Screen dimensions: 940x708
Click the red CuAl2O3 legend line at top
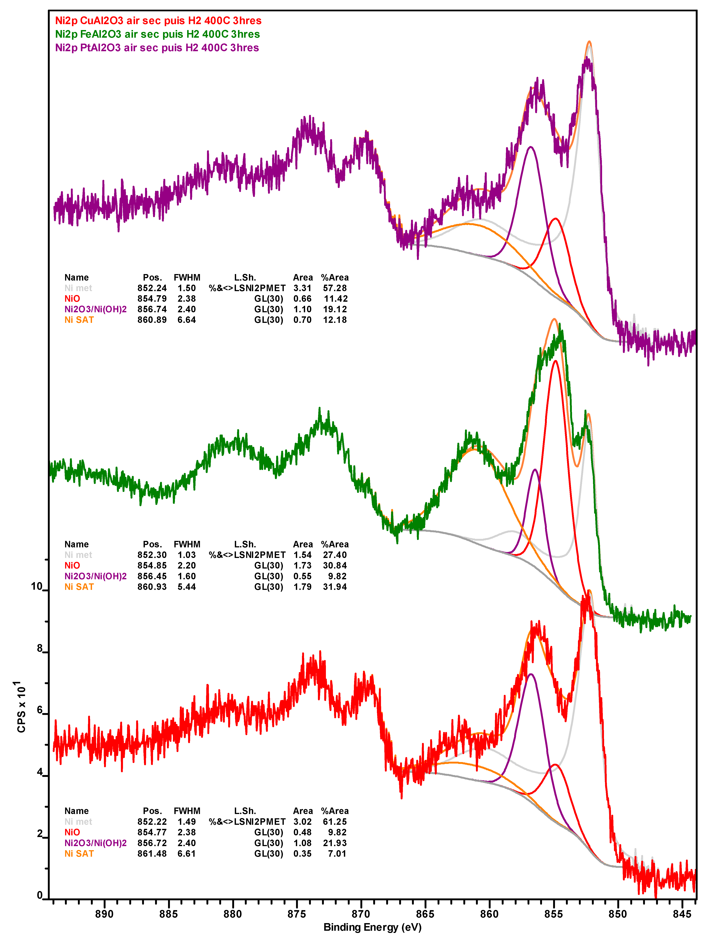[158, 21]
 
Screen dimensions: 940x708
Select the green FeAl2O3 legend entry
[157, 35]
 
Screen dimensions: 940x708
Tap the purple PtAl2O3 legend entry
[157, 48]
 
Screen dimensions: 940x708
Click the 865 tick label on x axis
[425, 914]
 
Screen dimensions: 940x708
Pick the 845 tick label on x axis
[682, 914]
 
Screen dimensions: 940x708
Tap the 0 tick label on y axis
[40, 895]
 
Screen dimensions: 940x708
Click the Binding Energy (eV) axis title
[372, 927]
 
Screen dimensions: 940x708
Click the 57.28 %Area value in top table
[335, 288]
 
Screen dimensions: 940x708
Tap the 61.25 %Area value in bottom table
[335, 822]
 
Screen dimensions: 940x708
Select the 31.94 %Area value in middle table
[335, 587]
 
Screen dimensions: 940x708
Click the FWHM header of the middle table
[187, 544]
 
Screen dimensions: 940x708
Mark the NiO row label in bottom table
[72, 833]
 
